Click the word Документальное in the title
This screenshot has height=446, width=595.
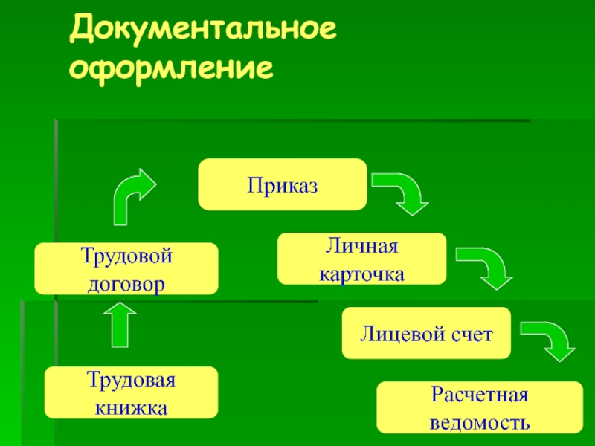[x=203, y=33]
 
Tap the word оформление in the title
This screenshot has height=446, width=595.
[x=171, y=68]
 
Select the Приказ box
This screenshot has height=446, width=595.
[x=283, y=184]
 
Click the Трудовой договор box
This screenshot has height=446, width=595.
[x=126, y=269]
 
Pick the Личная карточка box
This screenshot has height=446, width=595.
[x=362, y=259]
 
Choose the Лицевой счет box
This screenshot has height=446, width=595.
[x=426, y=333]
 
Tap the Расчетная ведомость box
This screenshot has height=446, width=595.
[x=479, y=407]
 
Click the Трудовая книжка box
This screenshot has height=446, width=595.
[x=131, y=392]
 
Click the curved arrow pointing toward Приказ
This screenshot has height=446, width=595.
[x=132, y=195]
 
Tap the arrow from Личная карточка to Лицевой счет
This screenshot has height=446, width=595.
[x=484, y=268]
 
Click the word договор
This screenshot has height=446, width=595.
[x=126, y=282]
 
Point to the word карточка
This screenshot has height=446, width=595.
[x=362, y=273]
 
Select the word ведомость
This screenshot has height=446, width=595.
[x=480, y=421]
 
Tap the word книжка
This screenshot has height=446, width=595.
[x=131, y=407]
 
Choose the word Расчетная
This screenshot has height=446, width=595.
[x=479, y=394]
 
